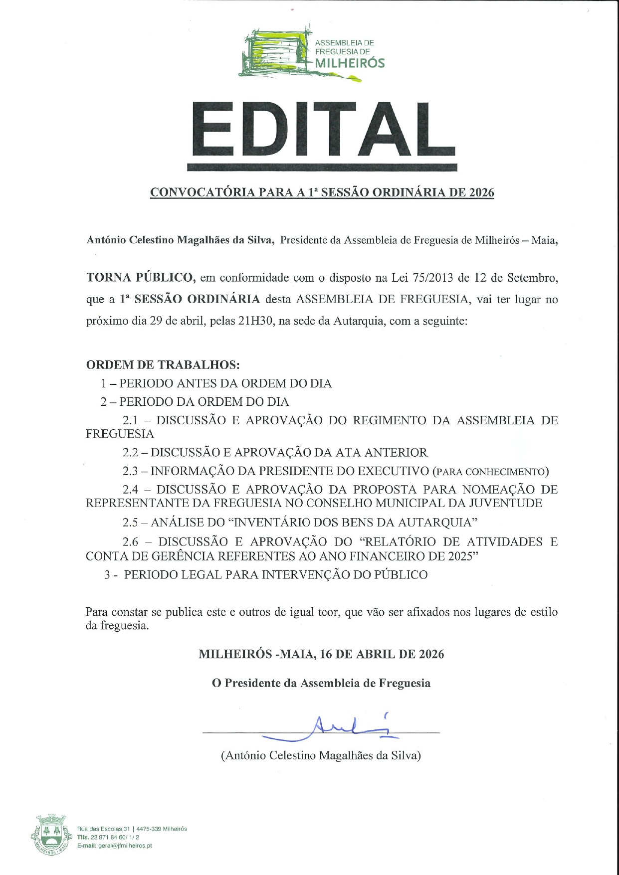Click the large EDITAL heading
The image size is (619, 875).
323,131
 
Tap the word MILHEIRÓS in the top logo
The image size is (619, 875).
350,63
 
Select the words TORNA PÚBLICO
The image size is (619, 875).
140,278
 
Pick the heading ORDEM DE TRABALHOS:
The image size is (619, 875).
163,364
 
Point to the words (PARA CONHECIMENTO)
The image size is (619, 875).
490,472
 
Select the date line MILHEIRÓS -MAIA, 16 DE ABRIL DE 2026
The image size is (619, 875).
321,654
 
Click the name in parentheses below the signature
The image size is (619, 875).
321,755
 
